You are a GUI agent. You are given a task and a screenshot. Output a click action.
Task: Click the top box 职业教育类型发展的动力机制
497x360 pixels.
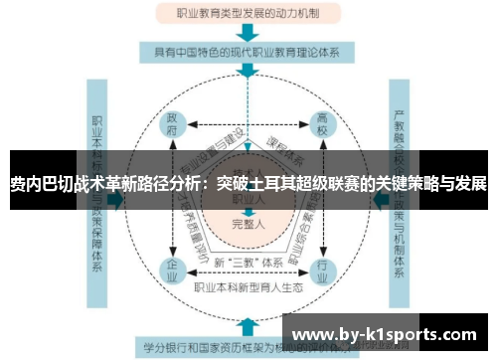click(x=248, y=14)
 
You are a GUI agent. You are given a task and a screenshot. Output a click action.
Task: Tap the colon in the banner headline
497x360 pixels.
click(x=206, y=186)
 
